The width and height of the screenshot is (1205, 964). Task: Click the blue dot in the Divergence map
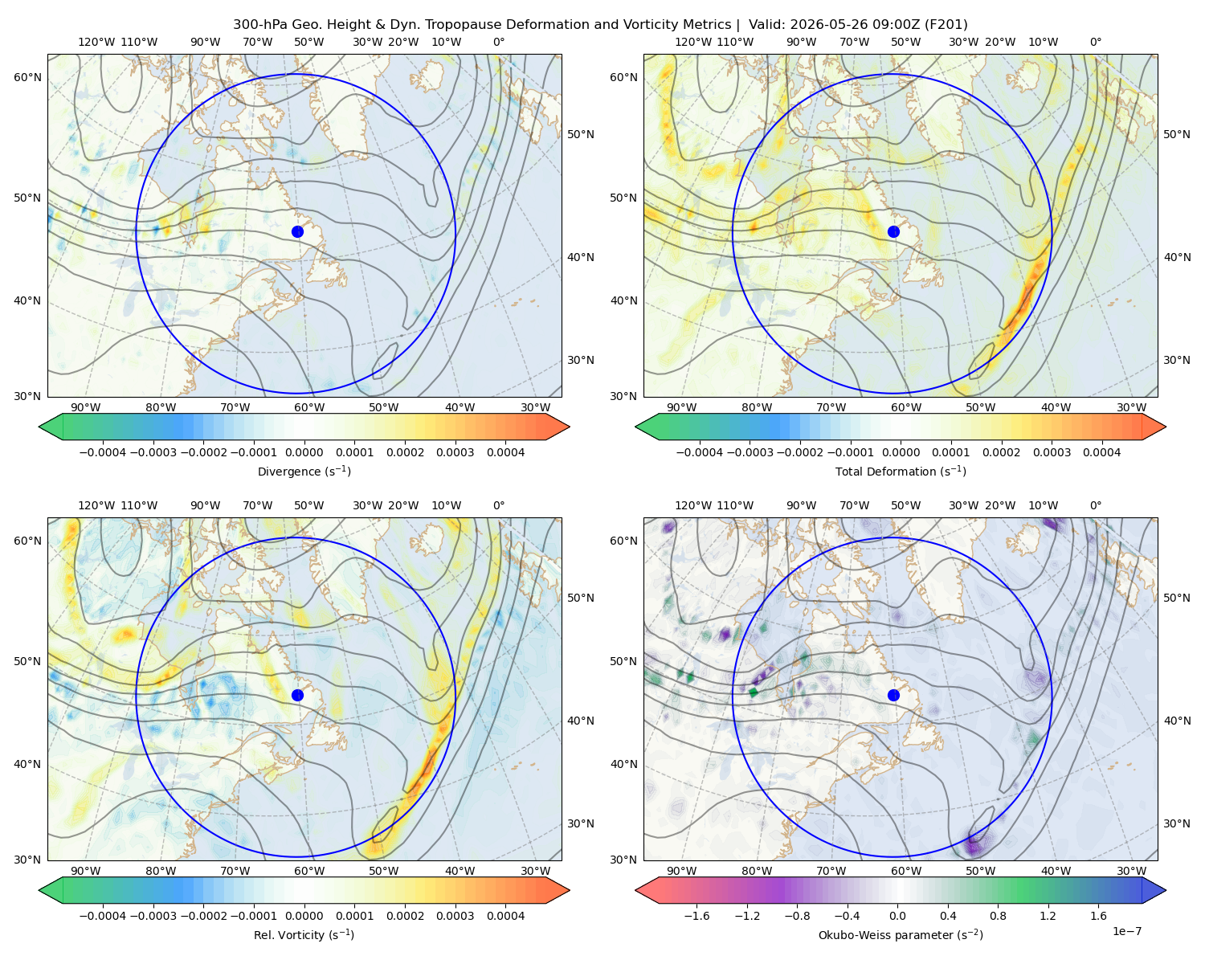pos(297,231)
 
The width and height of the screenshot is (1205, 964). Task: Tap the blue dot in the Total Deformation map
pos(893,231)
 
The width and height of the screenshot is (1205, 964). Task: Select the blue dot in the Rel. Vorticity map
pos(297,695)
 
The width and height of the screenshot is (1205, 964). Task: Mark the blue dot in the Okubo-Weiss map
pos(893,695)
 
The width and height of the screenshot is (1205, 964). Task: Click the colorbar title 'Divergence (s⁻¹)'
pos(304,471)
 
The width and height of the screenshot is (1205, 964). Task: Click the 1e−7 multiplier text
pos(1126,931)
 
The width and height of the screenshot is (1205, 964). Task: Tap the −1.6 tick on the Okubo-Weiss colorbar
pos(696,916)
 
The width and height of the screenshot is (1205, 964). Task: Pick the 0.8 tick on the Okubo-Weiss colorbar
pos(998,916)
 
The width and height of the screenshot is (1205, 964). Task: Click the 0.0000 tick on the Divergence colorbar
pos(304,452)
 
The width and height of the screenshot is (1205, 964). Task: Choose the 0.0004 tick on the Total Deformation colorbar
pos(1101,452)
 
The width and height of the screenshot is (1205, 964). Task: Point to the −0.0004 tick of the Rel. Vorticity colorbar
pos(103,916)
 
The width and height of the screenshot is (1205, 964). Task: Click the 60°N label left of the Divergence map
pos(27,77)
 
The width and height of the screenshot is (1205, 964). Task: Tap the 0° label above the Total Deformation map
pos(1095,42)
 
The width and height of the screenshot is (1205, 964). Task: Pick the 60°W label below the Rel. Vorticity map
pos(309,871)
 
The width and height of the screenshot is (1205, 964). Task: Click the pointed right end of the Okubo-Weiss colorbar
pos(1166,889)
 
